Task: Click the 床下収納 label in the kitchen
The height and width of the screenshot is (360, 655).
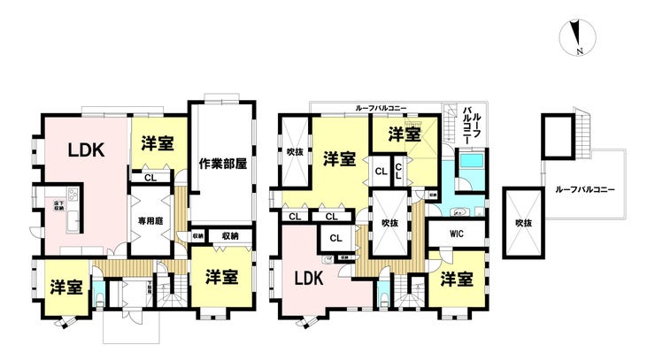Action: tap(44, 205)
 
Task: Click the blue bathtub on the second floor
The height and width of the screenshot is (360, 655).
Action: tap(470, 165)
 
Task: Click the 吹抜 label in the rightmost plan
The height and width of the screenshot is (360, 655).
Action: tap(523, 224)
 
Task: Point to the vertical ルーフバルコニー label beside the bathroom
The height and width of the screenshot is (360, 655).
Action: tap(472, 126)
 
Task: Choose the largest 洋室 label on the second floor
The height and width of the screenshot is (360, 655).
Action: tap(339, 159)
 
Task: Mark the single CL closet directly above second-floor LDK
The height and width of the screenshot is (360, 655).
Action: tap(336, 238)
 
